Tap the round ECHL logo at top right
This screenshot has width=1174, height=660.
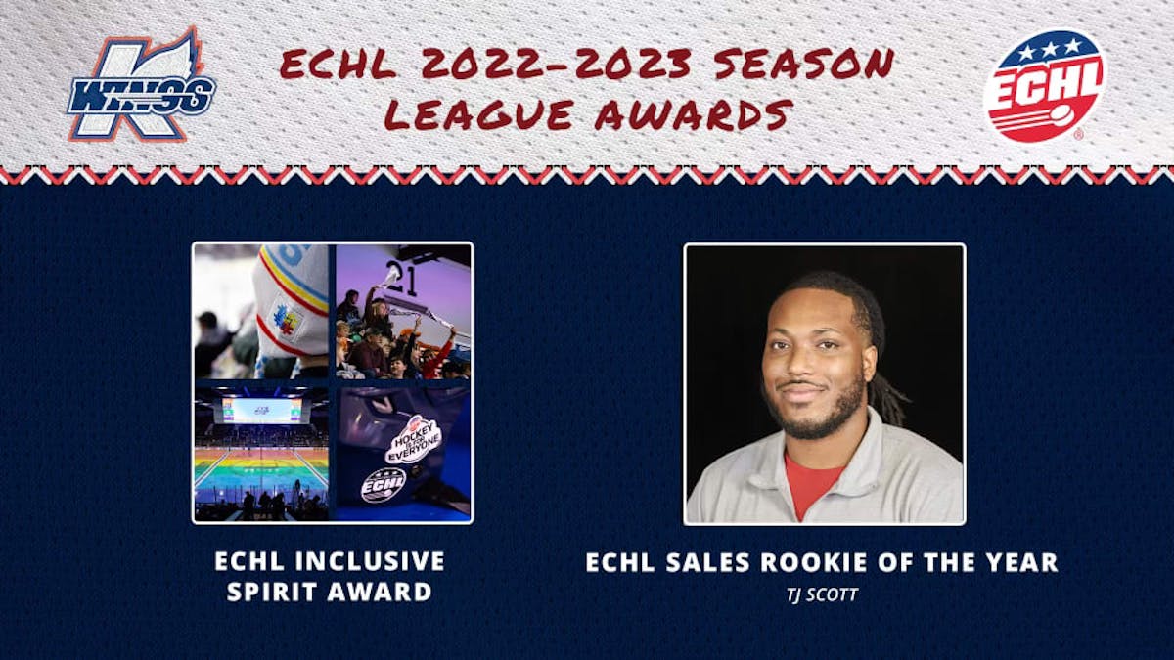[x=1044, y=86]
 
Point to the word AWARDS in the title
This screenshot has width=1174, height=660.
[x=693, y=115]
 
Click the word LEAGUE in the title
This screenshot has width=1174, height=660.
[x=478, y=115]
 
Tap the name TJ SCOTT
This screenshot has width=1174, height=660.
[x=822, y=594]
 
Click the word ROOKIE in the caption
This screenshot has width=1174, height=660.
[x=834, y=562]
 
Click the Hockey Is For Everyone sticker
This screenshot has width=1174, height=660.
[x=413, y=439]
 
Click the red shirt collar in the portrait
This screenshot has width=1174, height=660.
[x=812, y=484]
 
